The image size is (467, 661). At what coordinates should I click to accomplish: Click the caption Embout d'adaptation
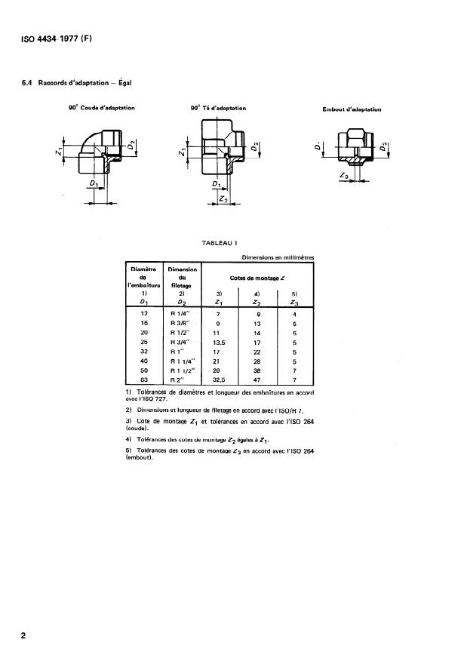[351, 109]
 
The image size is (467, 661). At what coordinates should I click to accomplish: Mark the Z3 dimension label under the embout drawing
[343, 175]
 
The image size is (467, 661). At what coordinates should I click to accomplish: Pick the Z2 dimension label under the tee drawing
[223, 198]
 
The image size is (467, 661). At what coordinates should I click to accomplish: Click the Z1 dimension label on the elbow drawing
[58, 152]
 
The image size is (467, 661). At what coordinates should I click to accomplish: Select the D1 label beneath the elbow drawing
[94, 183]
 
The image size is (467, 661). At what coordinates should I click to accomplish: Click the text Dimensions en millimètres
[278, 257]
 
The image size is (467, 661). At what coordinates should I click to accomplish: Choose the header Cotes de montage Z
[257, 278]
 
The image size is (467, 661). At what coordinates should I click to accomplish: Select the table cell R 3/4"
[182, 341]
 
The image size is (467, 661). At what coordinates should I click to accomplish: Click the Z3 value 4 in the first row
[294, 312]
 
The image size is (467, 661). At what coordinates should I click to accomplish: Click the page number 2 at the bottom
[24, 635]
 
